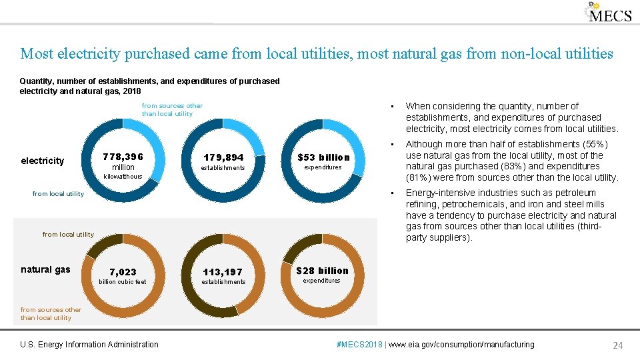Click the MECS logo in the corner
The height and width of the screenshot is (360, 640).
tap(609, 13)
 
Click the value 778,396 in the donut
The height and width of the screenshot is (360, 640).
tap(123, 157)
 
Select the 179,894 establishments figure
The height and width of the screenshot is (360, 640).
tap(223, 158)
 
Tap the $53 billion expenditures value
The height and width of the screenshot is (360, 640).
tap(323, 158)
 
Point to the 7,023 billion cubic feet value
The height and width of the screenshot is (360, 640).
tap(123, 272)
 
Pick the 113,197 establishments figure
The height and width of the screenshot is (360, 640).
tap(223, 273)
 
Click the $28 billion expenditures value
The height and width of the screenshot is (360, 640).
tap(323, 271)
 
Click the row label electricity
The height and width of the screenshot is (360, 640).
tap(43, 161)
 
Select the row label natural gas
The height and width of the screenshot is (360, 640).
tap(45, 269)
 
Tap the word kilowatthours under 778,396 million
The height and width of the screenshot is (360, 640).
tap(123, 177)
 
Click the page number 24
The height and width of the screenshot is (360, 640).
tap(617, 345)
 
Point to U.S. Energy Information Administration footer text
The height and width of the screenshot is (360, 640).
tap(89, 345)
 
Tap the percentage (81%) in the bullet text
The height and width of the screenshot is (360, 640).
tap(419, 178)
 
